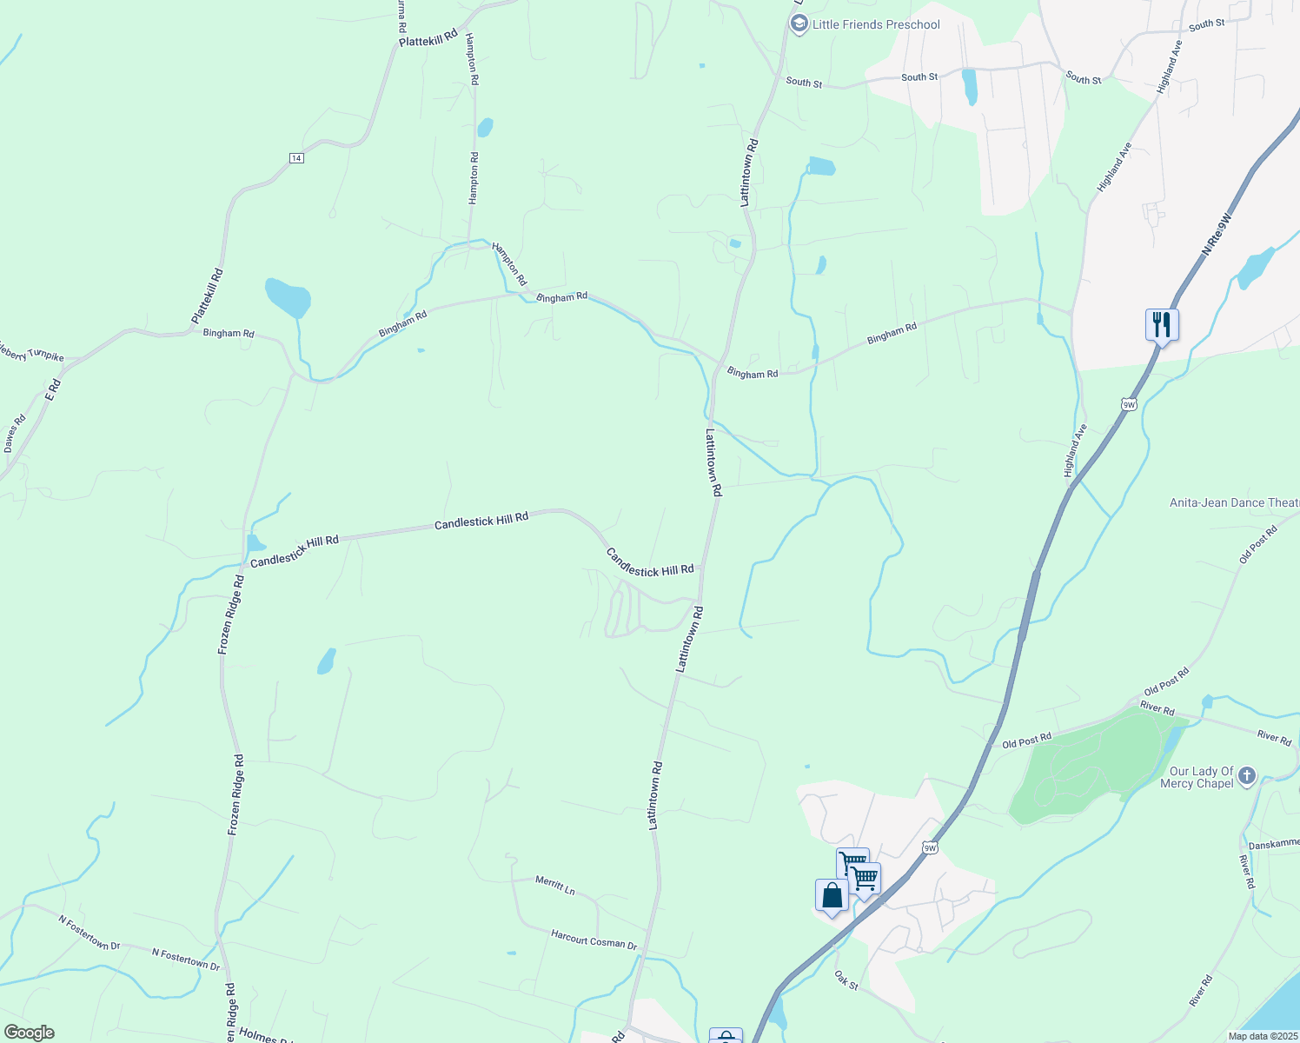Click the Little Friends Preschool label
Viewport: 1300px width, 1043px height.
point(876,24)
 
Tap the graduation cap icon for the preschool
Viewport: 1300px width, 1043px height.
point(799,24)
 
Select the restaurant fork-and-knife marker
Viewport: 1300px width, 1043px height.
point(1162,325)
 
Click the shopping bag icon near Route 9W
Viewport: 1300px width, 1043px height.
point(832,895)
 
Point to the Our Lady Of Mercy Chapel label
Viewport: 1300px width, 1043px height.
point(1201,777)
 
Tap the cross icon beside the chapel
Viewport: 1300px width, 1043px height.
point(1247,774)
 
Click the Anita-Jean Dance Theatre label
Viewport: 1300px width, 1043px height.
point(1234,502)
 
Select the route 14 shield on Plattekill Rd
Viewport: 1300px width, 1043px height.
point(296,157)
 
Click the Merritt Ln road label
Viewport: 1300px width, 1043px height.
point(555,886)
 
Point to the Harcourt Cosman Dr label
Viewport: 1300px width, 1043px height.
point(594,940)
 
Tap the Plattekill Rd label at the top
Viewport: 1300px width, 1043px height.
point(428,38)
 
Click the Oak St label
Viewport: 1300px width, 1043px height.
point(846,980)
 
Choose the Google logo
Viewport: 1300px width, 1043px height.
point(29,1033)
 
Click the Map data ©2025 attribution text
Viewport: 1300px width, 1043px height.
point(1263,1036)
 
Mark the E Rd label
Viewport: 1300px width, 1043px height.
point(54,389)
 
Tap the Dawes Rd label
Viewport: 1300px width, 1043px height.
point(15,433)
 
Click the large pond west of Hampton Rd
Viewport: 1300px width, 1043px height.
point(288,297)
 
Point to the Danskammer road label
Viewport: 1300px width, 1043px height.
point(1274,843)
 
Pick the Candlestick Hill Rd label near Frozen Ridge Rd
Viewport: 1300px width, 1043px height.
point(294,552)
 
